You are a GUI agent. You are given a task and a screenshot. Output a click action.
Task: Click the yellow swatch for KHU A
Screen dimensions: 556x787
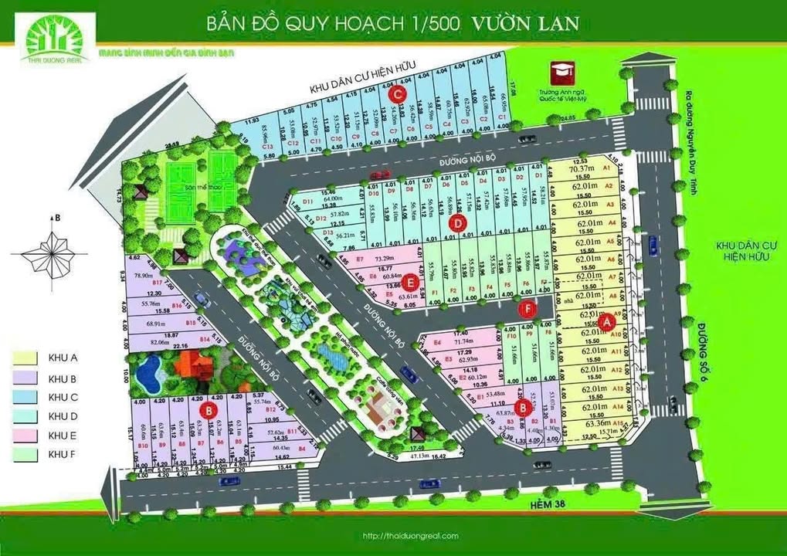(x=25, y=358)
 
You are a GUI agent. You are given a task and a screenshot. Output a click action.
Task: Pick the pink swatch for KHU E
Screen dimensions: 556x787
(x=25, y=436)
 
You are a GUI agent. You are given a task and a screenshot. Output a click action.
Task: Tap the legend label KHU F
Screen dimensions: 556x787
(x=65, y=456)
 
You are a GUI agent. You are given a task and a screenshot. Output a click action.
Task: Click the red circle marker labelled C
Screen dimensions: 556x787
(x=399, y=94)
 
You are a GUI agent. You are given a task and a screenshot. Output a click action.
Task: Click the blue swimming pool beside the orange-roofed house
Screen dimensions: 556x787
(x=148, y=375)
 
